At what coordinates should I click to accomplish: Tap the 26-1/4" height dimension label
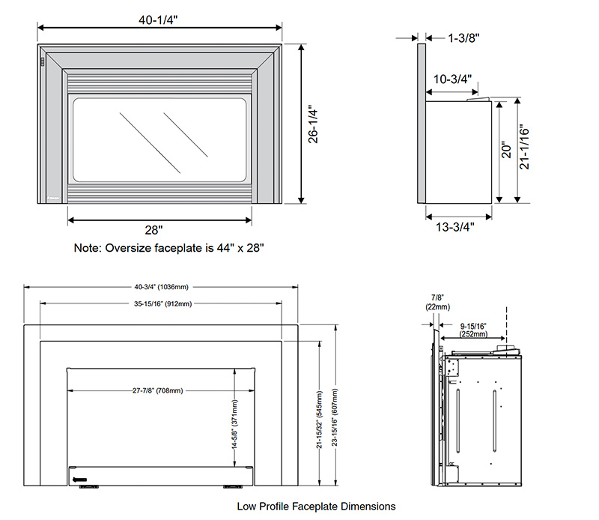[313, 124]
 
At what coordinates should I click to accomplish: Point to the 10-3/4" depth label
[452, 79]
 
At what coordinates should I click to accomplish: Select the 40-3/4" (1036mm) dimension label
[161, 286]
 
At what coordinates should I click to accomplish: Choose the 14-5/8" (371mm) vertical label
[234, 424]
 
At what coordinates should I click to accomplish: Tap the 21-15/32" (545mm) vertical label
[319, 420]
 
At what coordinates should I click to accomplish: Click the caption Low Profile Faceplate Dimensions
[316, 507]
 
